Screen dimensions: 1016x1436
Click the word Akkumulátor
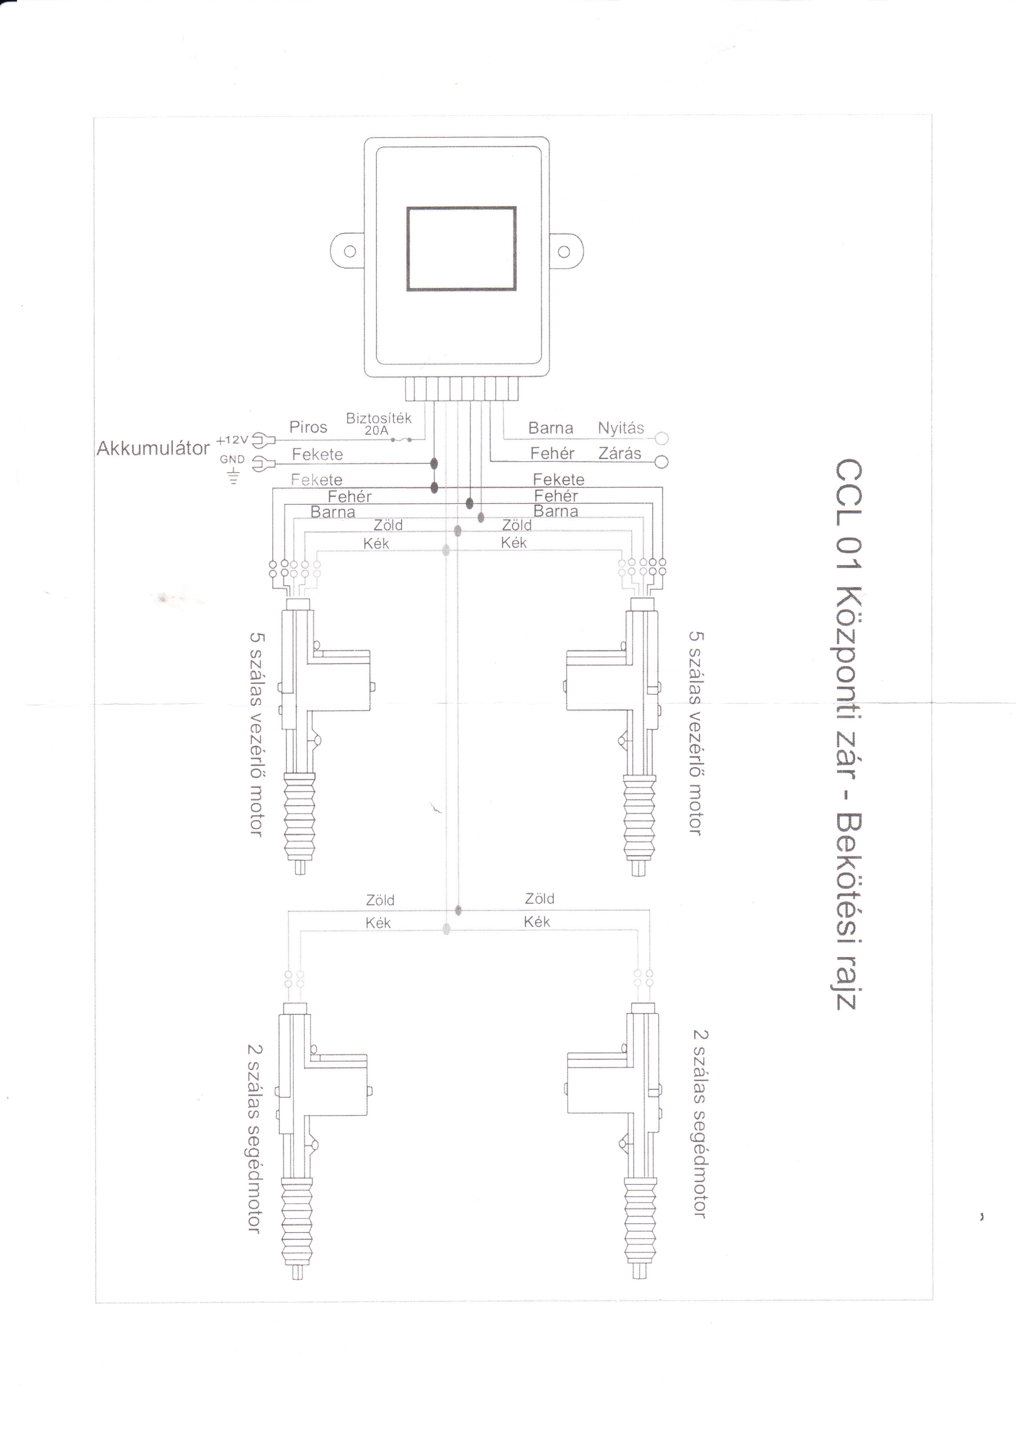click(153, 448)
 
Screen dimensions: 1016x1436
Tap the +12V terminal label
click(232, 440)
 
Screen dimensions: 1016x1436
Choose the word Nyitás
click(621, 428)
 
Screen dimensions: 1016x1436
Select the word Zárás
click(619, 453)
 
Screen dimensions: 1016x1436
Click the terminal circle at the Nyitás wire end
click(662, 439)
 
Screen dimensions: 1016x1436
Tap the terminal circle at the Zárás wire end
click(661, 462)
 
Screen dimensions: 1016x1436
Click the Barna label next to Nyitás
click(551, 428)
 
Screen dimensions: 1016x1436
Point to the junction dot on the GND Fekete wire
click(433, 464)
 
